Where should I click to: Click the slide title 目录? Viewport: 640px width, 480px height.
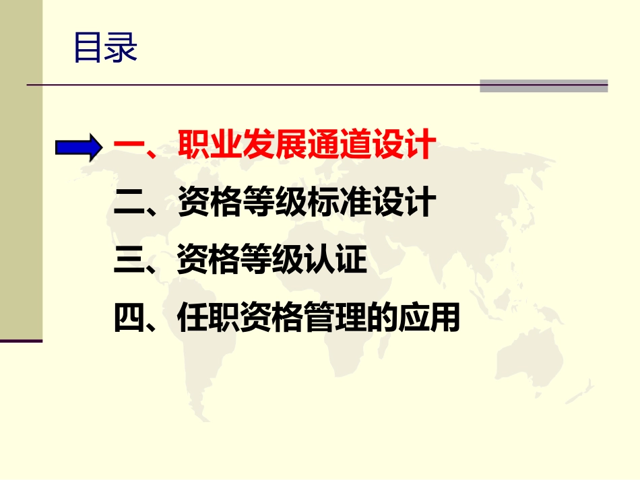tap(105, 48)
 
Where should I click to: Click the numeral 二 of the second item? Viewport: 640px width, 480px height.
tap(128, 204)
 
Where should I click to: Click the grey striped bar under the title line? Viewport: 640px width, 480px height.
tap(543, 86)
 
